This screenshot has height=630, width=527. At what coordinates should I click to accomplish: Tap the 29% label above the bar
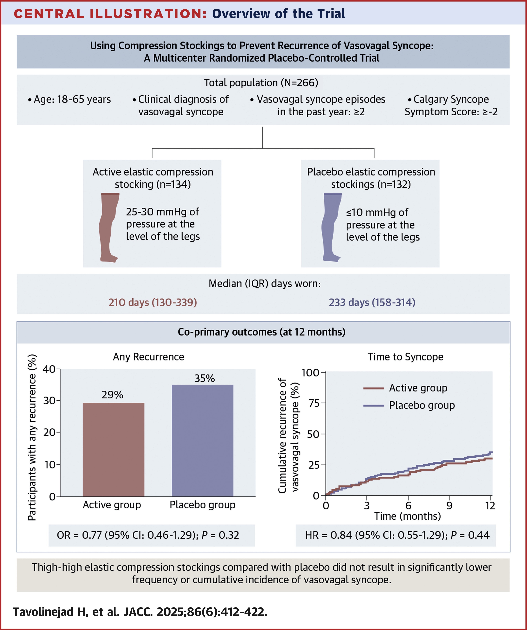[112, 395]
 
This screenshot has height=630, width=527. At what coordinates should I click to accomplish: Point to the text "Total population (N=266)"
[261, 83]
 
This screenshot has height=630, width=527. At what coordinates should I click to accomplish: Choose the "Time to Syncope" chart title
[405, 357]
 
